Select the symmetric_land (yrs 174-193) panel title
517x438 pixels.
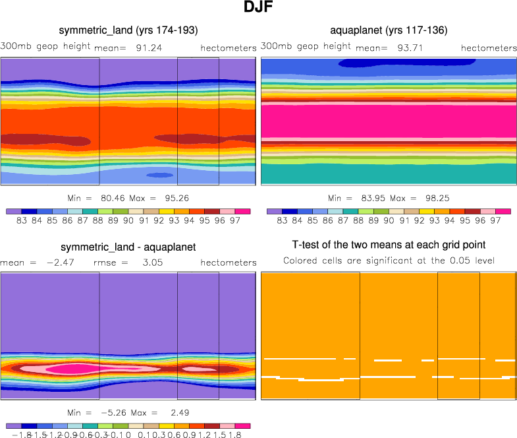tap(128, 30)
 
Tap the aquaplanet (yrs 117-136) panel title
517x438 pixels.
tap(389, 30)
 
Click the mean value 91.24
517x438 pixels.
tap(149, 47)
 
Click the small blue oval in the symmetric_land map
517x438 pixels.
tap(159, 175)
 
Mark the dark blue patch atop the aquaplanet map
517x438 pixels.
tap(406, 63)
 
